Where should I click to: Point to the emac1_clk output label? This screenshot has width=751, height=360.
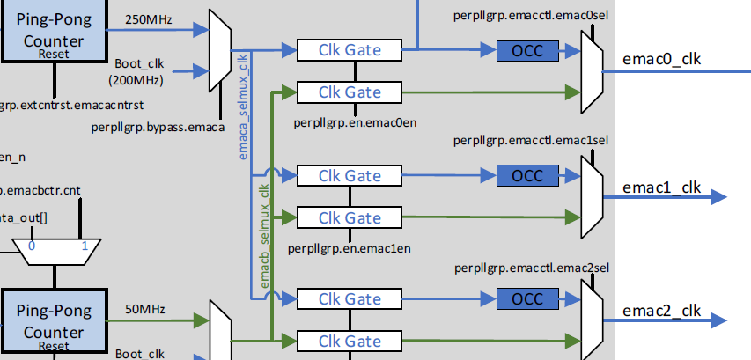[x=661, y=186]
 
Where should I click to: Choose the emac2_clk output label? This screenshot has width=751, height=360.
[x=661, y=310]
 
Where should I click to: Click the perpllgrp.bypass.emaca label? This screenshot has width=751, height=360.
[x=155, y=128]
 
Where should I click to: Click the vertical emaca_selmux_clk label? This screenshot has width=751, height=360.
[x=245, y=105]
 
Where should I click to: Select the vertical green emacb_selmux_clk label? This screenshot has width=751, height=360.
[x=263, y=234]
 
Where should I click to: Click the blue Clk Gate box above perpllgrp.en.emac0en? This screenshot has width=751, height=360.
[x=350, y=50]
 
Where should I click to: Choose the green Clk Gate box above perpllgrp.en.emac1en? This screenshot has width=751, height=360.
[x=350, y=217]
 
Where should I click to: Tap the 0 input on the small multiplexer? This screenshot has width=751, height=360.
[x=32, y=246]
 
